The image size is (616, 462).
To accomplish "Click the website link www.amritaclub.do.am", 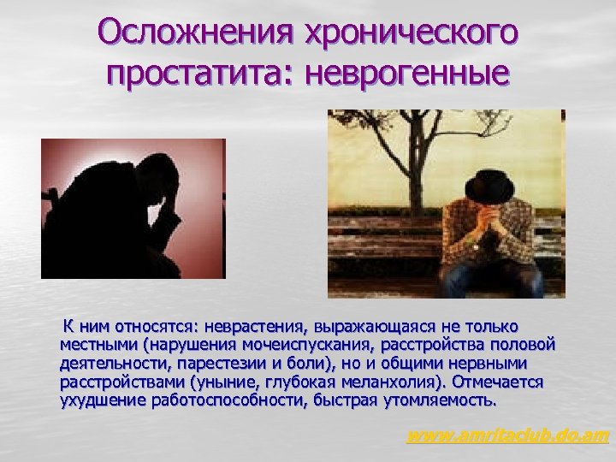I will [507, 436].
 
